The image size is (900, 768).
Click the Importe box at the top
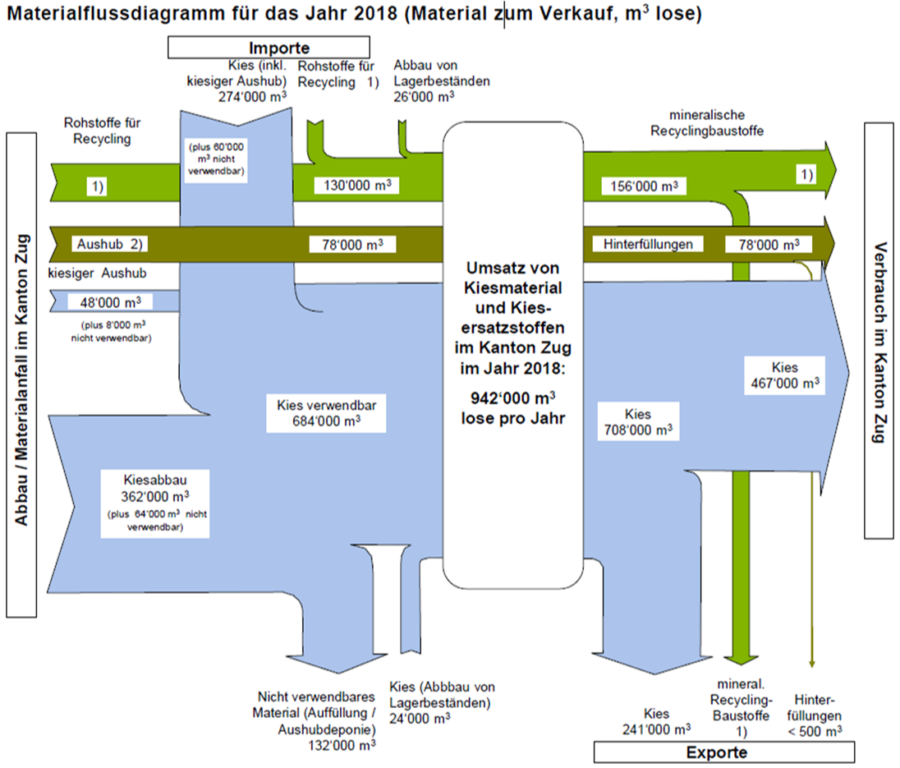(x=279, y=48)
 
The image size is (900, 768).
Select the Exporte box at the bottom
(x=723, y=752)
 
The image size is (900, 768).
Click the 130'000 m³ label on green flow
(x=356, y=186)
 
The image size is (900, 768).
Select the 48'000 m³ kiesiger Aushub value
(x=111, y=301)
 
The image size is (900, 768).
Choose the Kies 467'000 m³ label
(x=784, y=375)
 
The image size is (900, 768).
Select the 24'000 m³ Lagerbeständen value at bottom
(x=419, y=717)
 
